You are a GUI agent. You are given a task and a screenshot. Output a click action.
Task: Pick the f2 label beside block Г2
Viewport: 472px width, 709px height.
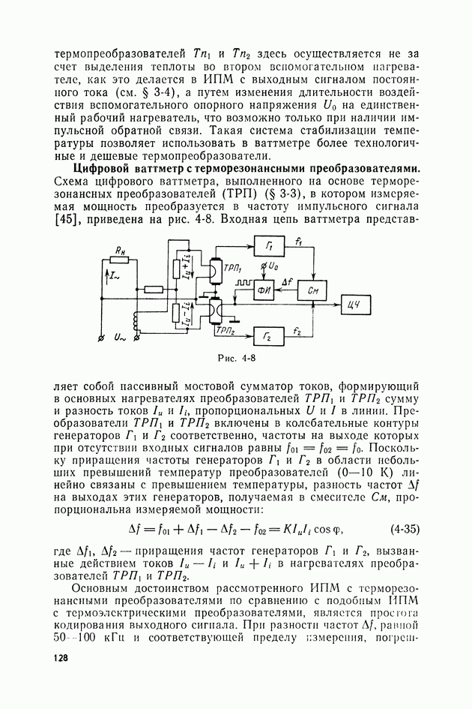pyautogui.click(x=298, y=329)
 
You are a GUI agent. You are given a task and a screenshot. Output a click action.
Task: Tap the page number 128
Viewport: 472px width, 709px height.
pyautogui.click(x=61, y=658)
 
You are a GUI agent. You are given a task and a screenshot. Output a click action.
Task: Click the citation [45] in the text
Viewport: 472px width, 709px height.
pyautogui.click(x=71, y=220)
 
